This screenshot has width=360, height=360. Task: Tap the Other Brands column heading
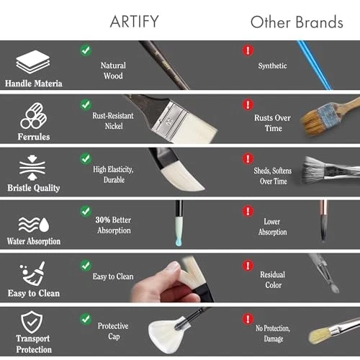point(297,22)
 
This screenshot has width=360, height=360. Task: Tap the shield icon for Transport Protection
point(29,322)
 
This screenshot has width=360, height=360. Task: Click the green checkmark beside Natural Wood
point(86,50)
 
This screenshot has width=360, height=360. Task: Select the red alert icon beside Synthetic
point(248,50)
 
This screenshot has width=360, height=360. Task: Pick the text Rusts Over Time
point(272,122)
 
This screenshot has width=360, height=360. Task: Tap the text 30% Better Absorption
point(114,225)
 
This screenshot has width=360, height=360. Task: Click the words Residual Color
point(272,279)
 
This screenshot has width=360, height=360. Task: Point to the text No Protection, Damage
point(272,333)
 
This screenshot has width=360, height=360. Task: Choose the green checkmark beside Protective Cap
point(86,318)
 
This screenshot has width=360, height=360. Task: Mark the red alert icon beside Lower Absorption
point(248,211)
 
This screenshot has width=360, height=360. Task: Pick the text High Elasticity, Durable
point(114,175)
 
